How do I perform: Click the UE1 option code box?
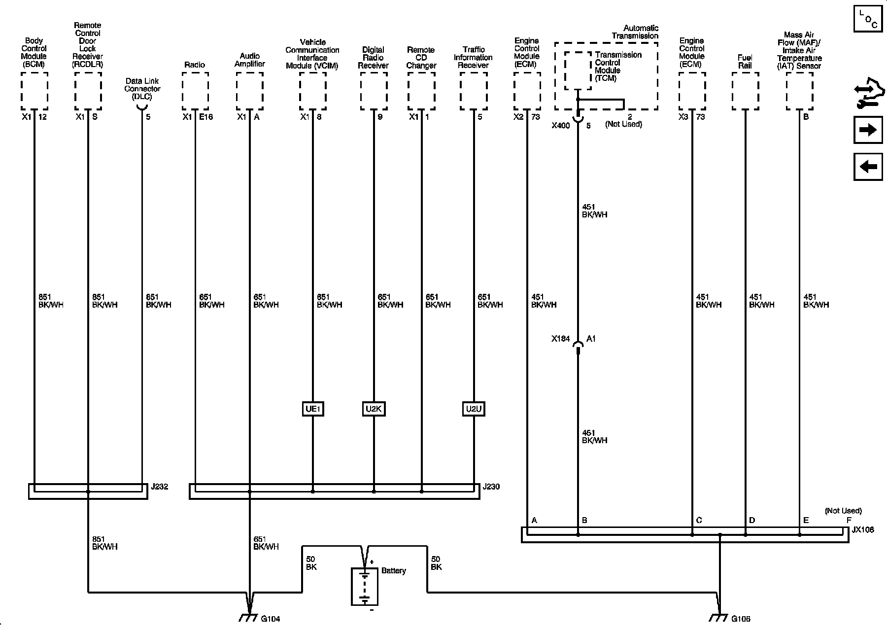[x=313, y=409]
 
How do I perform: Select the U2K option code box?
[x=374, y=409]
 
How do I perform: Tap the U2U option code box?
[x=474, y=409]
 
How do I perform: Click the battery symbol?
[x=365, y=586]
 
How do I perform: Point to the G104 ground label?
[x=271, y=619]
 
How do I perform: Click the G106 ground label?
[x=741, y=619]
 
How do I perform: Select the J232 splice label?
[x=160, y=487]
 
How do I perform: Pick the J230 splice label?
[x=491, y=487]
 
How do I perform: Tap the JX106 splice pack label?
[x=862, y=530]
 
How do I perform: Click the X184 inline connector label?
[x=560, y=339]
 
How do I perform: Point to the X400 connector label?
[x=560, y=126]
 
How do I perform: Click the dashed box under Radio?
[x=195, y=91]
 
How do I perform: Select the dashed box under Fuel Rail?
[x=745, y=91]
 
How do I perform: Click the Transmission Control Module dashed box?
[x=578, y=70]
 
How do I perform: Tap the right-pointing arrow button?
[x=868, y=130]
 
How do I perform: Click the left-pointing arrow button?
[x=868, y=167]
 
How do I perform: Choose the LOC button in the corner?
[x=868, y=19]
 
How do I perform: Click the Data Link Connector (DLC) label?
[x=143, y=89]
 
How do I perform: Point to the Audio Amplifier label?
[x=249, y=60]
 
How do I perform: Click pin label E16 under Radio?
[x=206, y=117]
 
